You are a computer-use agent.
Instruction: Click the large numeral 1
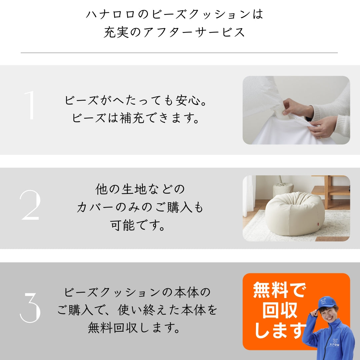click(30, 105)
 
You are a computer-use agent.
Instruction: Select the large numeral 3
click(30, 308)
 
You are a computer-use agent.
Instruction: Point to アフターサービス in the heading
click(194, 32)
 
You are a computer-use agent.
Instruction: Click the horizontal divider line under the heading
click(179, 53)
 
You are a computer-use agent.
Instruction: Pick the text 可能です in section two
click(137, 225)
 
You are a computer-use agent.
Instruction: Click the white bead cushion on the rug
click(295, 214)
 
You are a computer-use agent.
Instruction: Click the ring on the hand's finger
click(321, 137)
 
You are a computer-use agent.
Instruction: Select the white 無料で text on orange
click(280, 290)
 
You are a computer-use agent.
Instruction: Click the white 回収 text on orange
click(280, 310)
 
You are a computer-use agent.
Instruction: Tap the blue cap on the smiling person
click(327, 302)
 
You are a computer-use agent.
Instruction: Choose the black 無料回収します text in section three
click(134, 328)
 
